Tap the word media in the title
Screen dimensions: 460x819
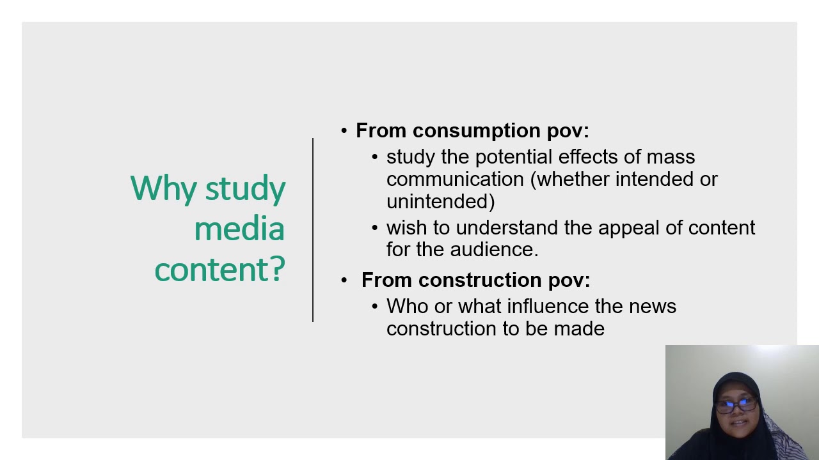pyautogui.click(x=239, y=229)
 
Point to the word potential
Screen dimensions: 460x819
pyautogui.click(x=514, y=157)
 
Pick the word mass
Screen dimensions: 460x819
pyautogui.click(x=671, y=157)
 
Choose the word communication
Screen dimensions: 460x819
pyautogui.click(x=455, y=180)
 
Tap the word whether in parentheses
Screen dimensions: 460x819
pyautogui.click(x=573, y=180)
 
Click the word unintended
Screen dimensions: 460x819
pyautogui.click(x=438, y=202)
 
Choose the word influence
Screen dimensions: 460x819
pyautogui.click(x=548, y=307)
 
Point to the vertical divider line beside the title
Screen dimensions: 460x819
pyautogui.click(x=313, y=230)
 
